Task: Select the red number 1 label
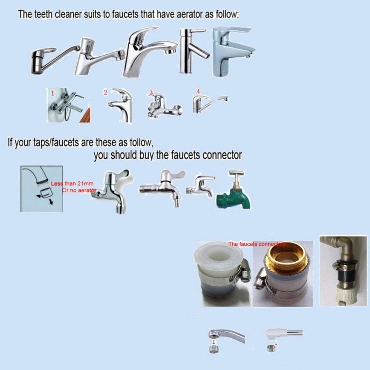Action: (x=53, y=93)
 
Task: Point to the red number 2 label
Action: (x=106, y=92)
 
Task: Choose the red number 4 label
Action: (x=198, y=91)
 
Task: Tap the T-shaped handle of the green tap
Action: (x=237, y=173)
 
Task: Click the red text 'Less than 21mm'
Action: (x=72, y=184)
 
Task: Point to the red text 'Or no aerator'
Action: (x=79, y=190)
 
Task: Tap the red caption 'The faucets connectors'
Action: (x=257, y=244)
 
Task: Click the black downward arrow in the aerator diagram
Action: (x=51, y=201)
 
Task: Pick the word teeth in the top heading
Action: (x=43, y=14)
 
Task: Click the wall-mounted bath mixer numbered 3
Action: (x=165, y=106)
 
